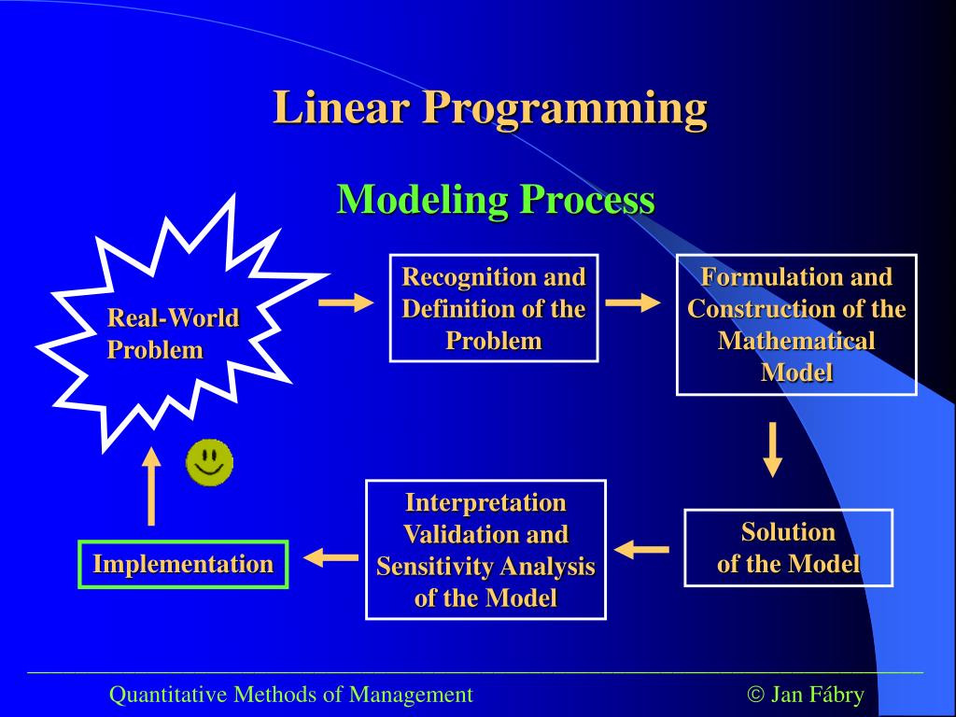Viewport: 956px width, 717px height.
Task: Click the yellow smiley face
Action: pyautogui.click(x=209, y=462)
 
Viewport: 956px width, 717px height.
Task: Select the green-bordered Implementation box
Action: pyautogui.click(x=183, y=564)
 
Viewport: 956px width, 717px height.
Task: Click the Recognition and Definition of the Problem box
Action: pyautogui.click(x=494, y=308)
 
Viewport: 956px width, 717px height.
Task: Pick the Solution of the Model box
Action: pyautogui.click(x=788, y=548)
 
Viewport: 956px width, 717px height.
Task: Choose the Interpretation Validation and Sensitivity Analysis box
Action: pyautogui.click(x=485, y=550)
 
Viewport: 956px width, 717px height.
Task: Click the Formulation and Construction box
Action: pyautogui.click(x=796, y=324)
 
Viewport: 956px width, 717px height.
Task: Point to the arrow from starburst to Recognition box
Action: pyautogui.click(x=345, y=302)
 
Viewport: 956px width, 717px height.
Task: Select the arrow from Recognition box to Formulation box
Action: pyautogui.click(x=632, y=302)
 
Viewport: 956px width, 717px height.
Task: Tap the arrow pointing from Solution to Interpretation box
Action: pyautogui.click(x=641, y=549)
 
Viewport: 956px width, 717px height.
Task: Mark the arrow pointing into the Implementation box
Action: pyautogui.click(x=331, y=557)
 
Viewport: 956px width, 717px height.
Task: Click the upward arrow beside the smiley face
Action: pyautogui.click(x=151, y=485)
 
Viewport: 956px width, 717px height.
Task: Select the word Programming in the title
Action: pyautogui.click(x=564, y=109)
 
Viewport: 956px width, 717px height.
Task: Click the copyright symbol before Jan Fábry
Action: pyautogui.click(x=756, y=695)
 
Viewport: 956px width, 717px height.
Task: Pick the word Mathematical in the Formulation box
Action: pyautogui.click(x=796, y=340)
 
